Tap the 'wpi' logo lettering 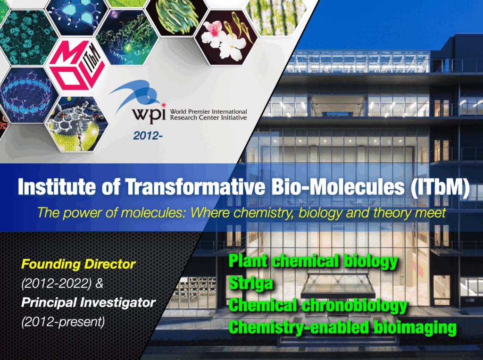coord(149,114)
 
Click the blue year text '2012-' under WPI coord(148,135)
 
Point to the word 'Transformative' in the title coord(195,186)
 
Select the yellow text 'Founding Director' coord(79,264)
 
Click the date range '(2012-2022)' coord(57,284)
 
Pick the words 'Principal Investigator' coord(88,302)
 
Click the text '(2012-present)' coord(63,322)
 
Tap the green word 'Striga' coord(251,283)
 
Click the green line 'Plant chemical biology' coord(313,261)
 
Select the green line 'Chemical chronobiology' coord(318,305)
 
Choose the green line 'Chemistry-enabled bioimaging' coord(342,327)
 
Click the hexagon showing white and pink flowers coord(226,37)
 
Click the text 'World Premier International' coord(208,111)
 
